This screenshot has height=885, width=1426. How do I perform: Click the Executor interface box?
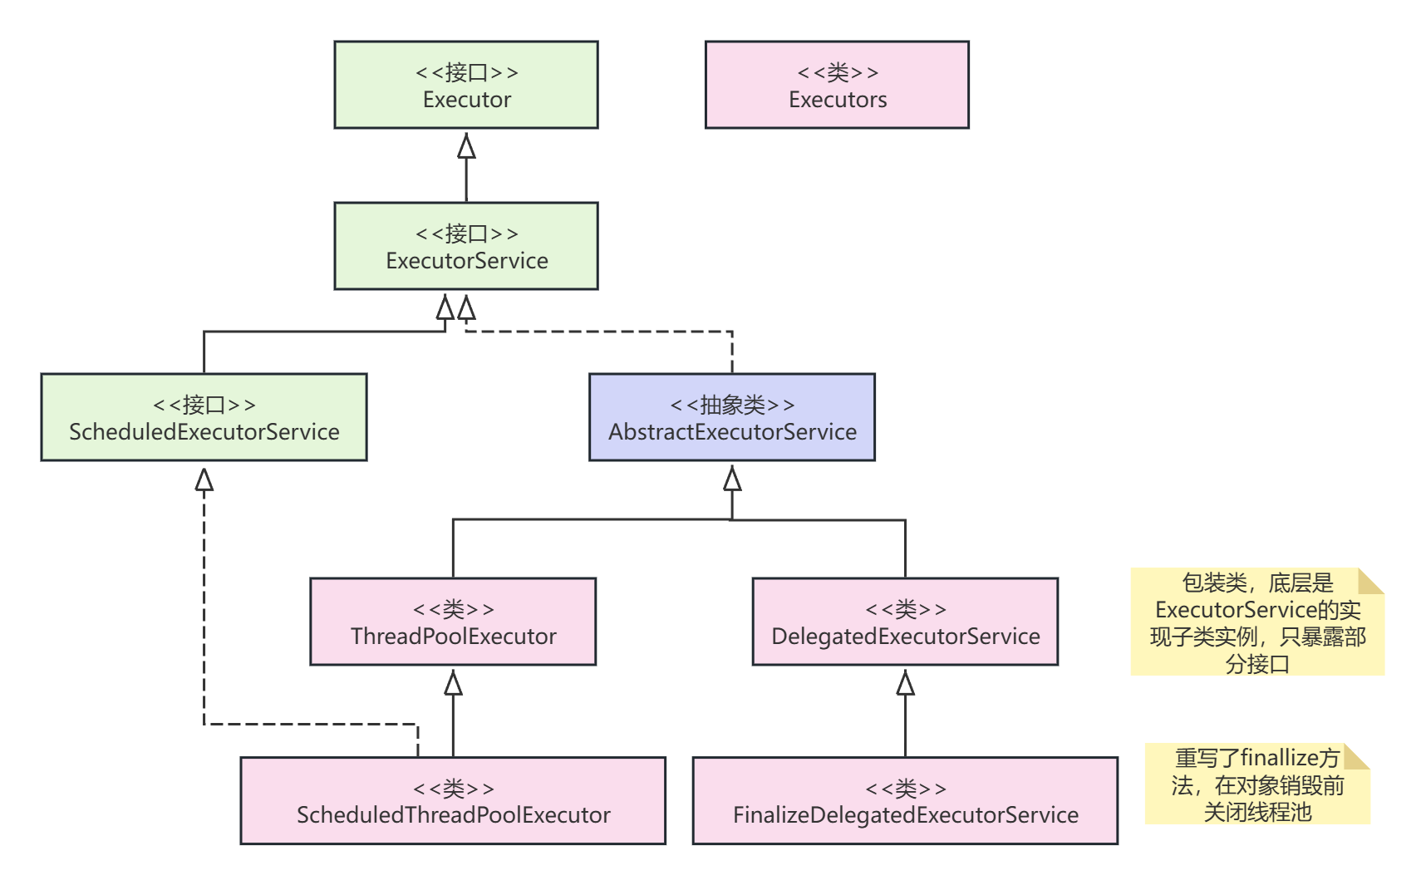point(465,85)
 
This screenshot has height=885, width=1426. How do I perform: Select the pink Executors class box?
point(837,85)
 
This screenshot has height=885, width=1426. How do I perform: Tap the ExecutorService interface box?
point(465,246)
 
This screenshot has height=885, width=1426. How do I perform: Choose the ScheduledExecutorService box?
point(204,417)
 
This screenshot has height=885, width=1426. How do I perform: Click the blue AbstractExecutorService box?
point(731,417)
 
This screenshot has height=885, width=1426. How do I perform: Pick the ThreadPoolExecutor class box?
point(453,622)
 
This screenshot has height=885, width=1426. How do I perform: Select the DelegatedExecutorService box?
point(905,622)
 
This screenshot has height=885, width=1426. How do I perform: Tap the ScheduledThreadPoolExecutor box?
point(453,801)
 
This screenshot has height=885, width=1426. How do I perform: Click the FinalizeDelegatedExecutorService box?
point(905,801)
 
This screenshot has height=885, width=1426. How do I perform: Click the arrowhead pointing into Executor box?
point(466,147)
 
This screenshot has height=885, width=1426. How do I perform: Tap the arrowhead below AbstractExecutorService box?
point(732,479)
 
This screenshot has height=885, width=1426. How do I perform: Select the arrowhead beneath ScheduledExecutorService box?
point(204,479)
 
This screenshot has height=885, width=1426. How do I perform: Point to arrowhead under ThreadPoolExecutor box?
point(453,683)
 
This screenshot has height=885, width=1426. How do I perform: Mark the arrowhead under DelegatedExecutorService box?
point(906,683)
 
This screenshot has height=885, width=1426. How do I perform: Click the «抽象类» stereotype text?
point(732,405)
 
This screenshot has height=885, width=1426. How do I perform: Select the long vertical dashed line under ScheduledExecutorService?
point(204,607)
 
